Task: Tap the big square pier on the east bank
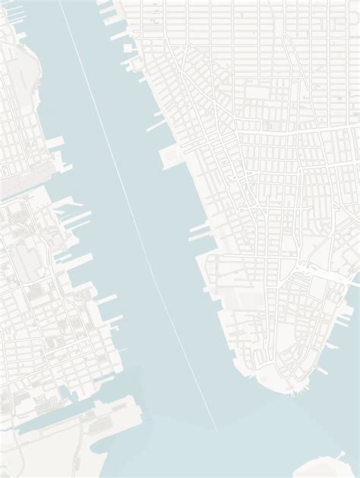click(169, 157)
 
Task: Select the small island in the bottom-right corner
click(327, 464)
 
